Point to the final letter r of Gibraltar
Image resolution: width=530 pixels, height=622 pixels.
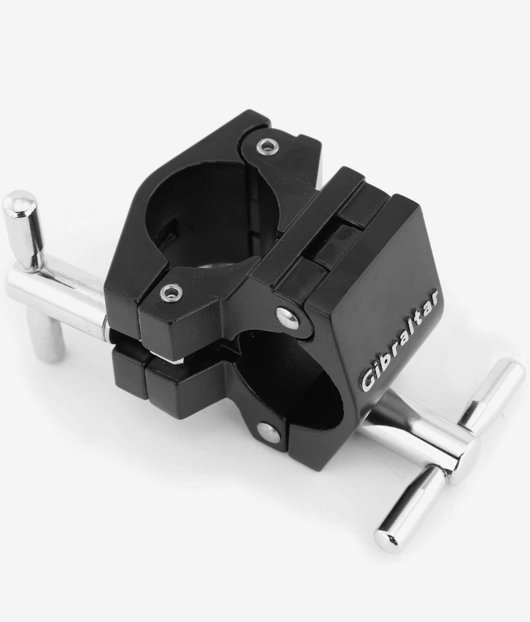click(432, 298)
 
